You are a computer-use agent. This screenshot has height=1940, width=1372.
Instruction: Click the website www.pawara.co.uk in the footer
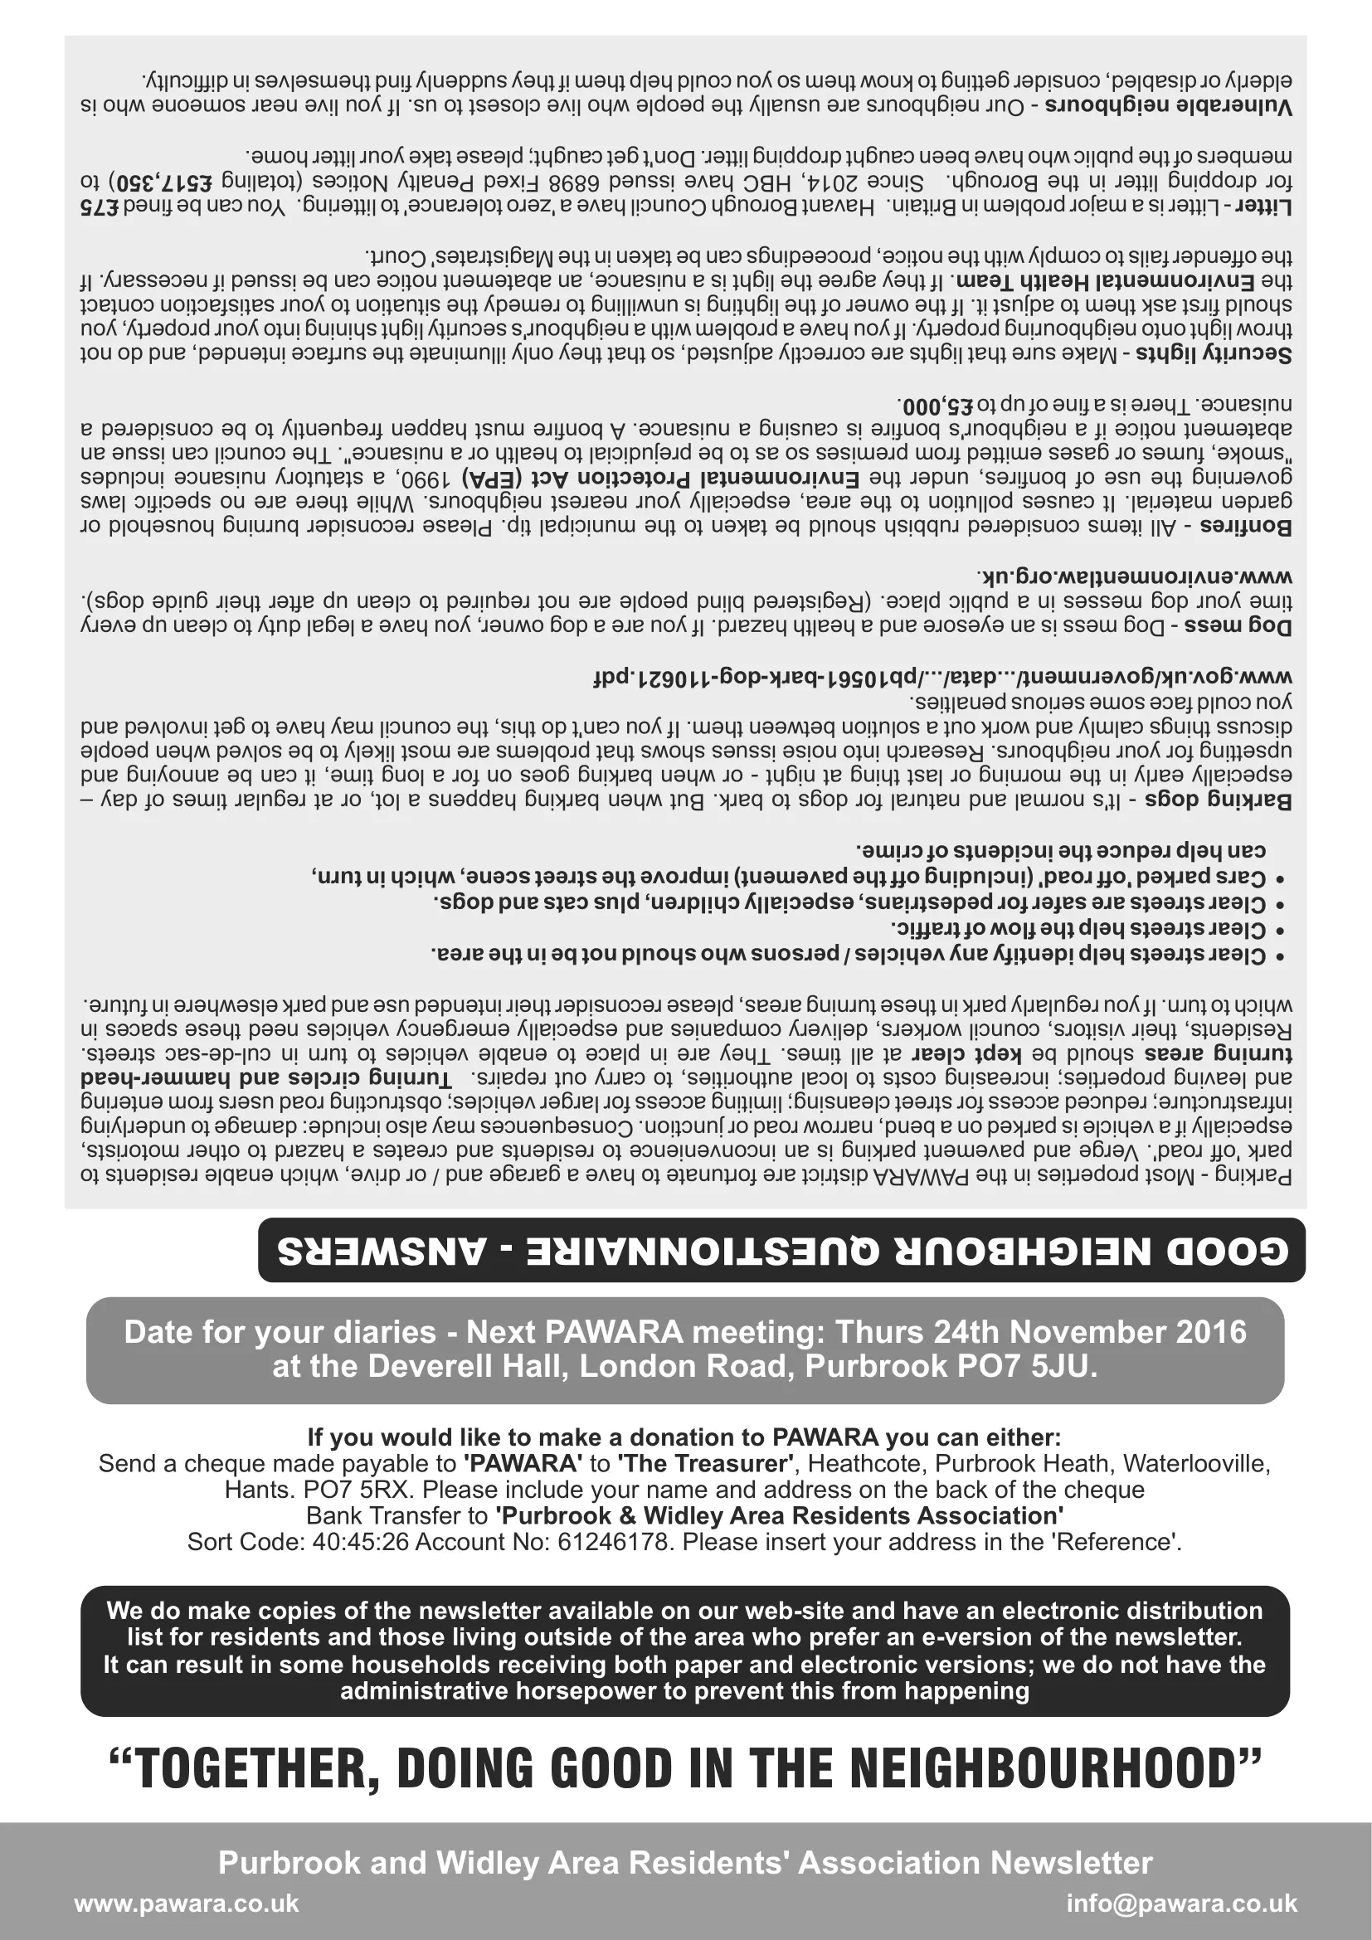click(x=187, y=1904)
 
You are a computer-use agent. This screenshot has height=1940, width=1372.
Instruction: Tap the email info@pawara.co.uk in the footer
click(x=1181, y=1904)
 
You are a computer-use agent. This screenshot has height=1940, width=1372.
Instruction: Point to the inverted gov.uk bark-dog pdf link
click(x=942, y=678)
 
